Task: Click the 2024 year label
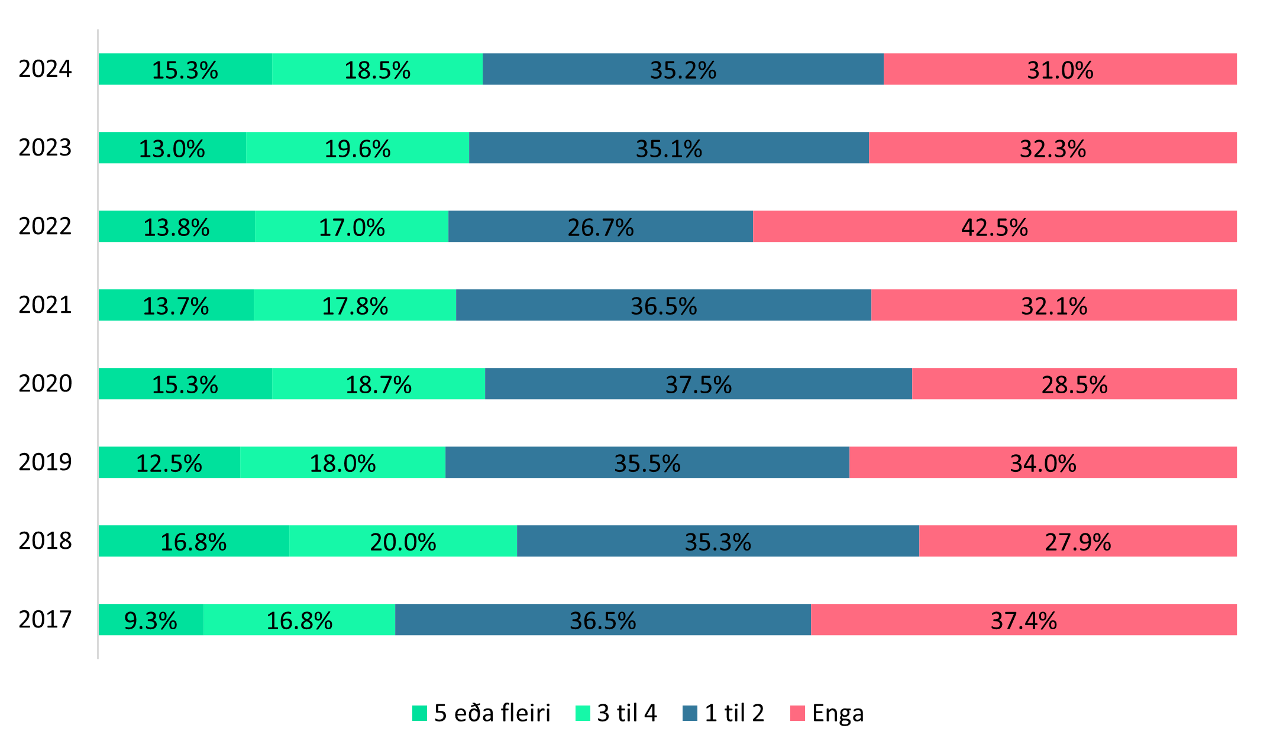point(45,69)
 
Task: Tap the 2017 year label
point(45,620)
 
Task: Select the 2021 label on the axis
point(45,305)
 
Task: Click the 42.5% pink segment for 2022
point(994,226)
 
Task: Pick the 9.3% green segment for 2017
point(151,620)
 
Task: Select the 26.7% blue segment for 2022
point(600,226)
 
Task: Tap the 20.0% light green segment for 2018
point(403,541)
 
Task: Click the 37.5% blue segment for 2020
point(699,384)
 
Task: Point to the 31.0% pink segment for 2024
point(1060,69)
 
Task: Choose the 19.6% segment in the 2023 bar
point(357,148)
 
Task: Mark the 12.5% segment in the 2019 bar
point(169,462)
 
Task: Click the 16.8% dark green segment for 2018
point(193,541)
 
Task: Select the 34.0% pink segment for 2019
point(1043,462)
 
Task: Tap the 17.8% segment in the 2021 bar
point(355,305)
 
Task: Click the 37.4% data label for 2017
point(1023,620)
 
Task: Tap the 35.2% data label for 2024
point(683,70)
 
